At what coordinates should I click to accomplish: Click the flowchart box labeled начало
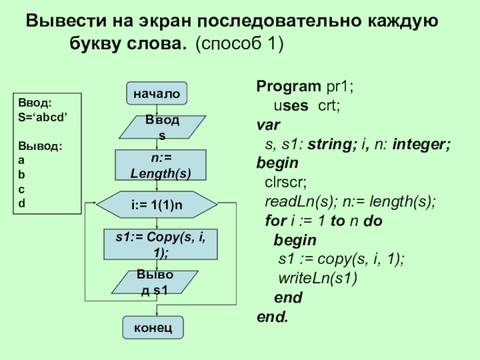point(157,94)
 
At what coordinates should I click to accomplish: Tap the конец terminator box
point(153,328)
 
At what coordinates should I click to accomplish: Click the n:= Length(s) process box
point(161,166)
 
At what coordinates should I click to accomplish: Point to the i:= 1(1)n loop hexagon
point(157,206)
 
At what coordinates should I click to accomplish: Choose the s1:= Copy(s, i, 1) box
point(160,245)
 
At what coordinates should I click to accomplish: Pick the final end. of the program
point(272,316)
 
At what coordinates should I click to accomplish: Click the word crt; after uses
point(329,106)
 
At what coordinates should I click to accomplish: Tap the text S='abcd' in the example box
point(43,118)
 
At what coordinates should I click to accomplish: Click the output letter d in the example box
point(22,203)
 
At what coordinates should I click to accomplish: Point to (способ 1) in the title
point(239,44)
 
